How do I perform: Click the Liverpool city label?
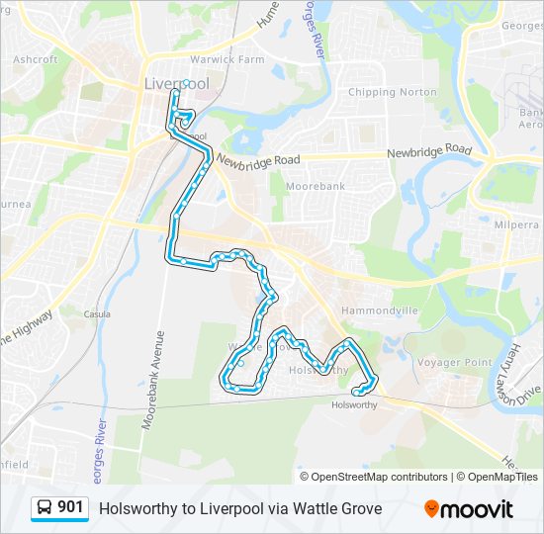point(176,83)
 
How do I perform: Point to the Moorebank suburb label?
point(315,186)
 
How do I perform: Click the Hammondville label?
point(380,311)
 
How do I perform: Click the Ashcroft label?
point(36,59)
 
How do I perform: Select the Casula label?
point(96,313)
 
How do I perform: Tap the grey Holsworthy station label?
point(355,404)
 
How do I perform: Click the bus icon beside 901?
point(45,508)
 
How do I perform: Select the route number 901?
point(70,507)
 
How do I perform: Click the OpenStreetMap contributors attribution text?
point(378,477)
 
